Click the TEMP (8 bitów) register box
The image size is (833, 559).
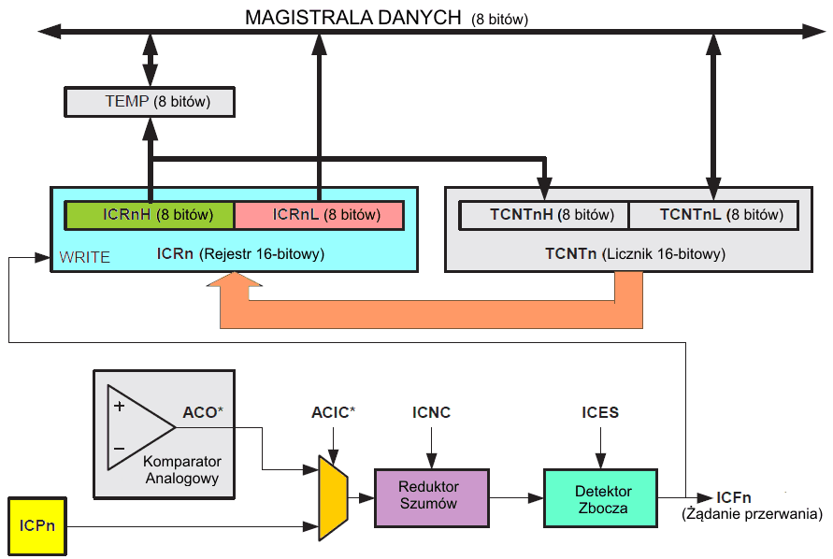[x=150, y=101]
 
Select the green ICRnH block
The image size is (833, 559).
[x=149, y=215]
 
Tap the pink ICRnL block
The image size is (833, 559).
[x=319, y=215]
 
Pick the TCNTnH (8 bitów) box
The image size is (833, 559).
[x=543, y=215]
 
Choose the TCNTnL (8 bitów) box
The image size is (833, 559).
[x=714, y=215]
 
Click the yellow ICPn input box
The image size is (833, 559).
[x=37, y=525]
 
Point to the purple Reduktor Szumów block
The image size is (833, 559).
[x=430, y=497]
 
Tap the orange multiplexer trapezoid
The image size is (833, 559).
[x=333, y=497]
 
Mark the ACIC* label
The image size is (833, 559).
[x=333, y=412]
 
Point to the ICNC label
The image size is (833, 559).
[x=431, y=412]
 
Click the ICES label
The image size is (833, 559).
[x=600, y=412]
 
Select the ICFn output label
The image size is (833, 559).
[x=735, y=497]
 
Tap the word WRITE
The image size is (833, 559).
[x=84, y=257]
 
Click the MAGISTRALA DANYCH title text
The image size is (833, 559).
[x=353, y=17]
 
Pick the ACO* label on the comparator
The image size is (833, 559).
[x=203, y=411]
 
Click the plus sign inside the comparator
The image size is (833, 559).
[x=119, y=407]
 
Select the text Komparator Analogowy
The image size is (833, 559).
[x=182, y=470]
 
